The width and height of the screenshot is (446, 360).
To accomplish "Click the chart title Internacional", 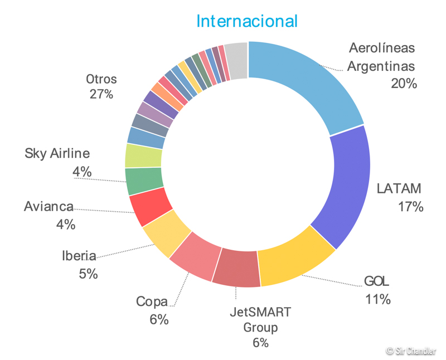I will click(247, 21).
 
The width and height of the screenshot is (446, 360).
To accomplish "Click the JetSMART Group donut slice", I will click(237, 269).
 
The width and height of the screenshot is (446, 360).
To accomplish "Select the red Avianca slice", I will click(151, 206).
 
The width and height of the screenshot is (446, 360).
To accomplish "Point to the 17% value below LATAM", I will click(411, 207).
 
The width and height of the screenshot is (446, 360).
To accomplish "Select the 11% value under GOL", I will click(377, 299).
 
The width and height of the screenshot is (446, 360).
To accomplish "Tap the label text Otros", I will click(101, 79).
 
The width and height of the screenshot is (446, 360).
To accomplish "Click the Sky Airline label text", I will click(57, 153).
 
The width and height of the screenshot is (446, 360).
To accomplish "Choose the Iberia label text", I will click(79, 256).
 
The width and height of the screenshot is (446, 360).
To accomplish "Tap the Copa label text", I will click(152, 302).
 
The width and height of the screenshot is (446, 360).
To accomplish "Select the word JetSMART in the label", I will click(261, 312).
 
